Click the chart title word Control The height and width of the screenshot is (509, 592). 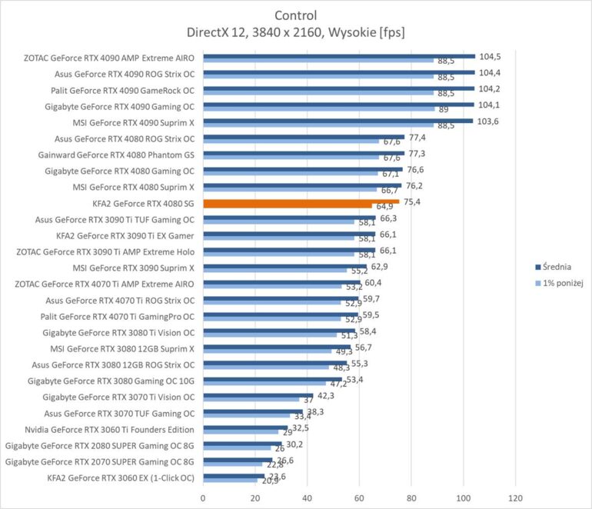[x=295, y=15]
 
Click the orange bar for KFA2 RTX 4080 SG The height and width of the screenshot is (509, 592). [x=300, y=202]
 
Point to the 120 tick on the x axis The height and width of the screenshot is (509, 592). [x=515, y=497]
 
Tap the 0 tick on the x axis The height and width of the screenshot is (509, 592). [x=203, y=497]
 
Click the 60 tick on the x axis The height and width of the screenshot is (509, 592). [x=359, y=497]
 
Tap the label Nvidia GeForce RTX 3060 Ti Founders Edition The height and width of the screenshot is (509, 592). [x=110, y=429]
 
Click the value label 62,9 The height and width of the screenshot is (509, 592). [x=381, y=267]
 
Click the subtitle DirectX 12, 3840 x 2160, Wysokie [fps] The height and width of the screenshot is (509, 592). [x=295, y=32]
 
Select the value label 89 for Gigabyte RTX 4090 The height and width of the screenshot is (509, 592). [x=442, y=110]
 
